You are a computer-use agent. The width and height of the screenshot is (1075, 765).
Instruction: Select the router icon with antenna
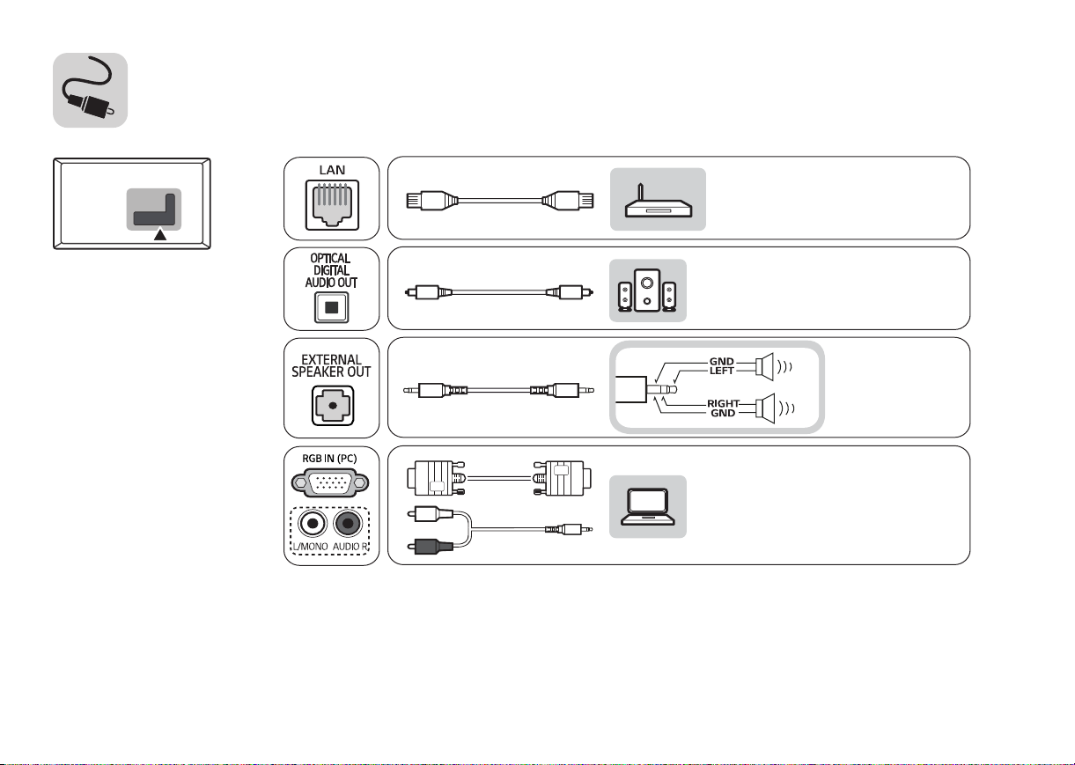point(658,201)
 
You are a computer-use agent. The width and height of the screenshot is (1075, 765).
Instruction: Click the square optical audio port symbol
point(331,307)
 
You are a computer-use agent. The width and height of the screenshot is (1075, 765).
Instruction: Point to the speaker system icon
point(647,291)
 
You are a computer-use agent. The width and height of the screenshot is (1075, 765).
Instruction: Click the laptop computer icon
point(647,508)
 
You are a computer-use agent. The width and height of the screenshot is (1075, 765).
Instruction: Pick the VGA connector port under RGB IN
point(331,483)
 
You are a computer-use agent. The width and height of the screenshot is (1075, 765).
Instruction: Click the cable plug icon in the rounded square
point(90,90)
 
